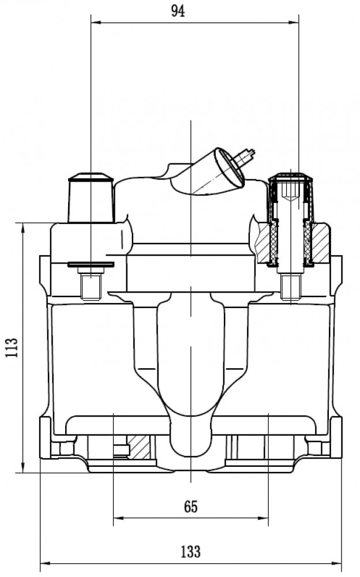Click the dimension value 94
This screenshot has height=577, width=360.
tap(178, 11)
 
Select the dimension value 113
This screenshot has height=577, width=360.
tap(12, 347)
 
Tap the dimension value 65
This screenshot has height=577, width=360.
tap(191, 507)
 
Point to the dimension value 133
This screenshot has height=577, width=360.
tap(191, 552)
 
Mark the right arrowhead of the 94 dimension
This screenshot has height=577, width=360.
tap(294, 23)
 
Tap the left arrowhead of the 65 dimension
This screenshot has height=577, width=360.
tap(118, 518)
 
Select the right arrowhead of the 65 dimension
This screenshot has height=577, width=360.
tap(264, 518)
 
